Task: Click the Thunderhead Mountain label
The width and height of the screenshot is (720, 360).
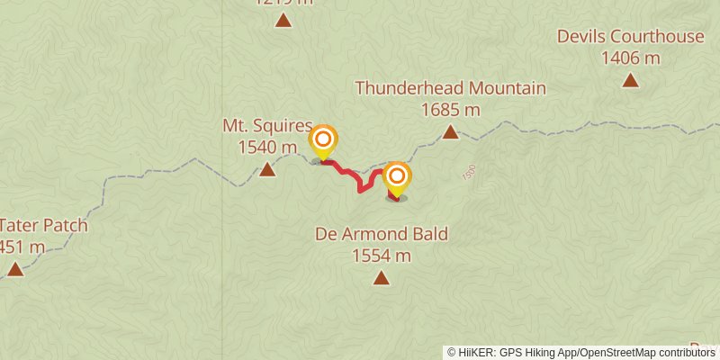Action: click(x=450, y=88)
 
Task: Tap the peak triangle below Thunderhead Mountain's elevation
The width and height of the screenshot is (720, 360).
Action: click(x=450, y=133)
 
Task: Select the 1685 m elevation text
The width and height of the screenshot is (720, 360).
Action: click(x=450, y=110)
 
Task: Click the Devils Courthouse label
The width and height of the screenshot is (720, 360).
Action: click(x=629, y=37)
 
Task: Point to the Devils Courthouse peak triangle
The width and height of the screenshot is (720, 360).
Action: click(x=630, y=80)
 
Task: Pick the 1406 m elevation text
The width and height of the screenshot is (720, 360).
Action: click(x=630, y=58)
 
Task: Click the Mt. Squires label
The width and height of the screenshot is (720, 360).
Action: click(x=267, y=126)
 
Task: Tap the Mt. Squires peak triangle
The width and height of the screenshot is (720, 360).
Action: click(x=267, y=169)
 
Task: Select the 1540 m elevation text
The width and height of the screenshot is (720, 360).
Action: click(x=267, y=147)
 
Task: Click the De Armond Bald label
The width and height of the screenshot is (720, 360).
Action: click(x=382, y=234)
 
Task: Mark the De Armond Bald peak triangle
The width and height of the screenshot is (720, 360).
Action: click(x=382, y=278)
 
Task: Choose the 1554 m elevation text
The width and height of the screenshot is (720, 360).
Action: click(x=382, y=256)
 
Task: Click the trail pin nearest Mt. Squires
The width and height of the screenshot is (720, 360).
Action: click(x=323, y=140)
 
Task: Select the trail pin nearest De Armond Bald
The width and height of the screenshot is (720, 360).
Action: click(x=396, y=176)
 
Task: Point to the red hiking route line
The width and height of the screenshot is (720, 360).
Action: click(x=350, y=174)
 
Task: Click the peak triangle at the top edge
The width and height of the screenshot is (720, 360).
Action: click(x=283, y=20)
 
